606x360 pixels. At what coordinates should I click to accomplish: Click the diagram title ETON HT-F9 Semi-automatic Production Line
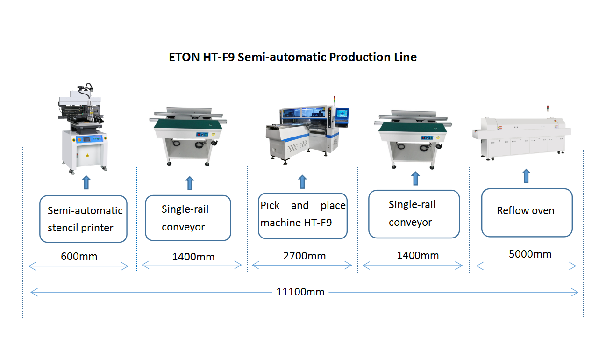[x=292, y=57]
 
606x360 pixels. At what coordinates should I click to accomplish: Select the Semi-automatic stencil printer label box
[x=83, y=219]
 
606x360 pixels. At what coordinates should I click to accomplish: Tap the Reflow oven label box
[x=527, y=213]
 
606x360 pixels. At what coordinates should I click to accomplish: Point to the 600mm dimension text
[x=79, y=256]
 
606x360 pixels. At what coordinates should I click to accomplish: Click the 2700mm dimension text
[x=304, y=256]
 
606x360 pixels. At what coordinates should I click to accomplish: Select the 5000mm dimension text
[x=530, y=254]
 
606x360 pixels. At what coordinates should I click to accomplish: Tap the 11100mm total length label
[x=300, y=292]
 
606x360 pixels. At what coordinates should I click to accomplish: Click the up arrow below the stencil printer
[x=86, y=182]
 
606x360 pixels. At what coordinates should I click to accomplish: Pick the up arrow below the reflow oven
[x=526, y=176]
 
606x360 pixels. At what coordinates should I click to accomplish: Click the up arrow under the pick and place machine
[x=302, y=181]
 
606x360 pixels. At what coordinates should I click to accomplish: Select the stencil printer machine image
[x=83, y=128]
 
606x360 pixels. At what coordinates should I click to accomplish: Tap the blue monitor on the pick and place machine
[x=342, y=115]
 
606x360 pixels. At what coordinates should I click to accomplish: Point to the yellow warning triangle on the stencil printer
[x=87, y=155]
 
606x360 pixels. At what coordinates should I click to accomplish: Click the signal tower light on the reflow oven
[x=548, y=108]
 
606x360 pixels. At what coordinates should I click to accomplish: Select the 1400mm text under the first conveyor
[x=193, y=257]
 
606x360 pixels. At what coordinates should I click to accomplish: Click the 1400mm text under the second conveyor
[x=418, y=255]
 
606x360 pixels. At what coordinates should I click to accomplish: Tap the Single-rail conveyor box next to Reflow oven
[x=414, y=214]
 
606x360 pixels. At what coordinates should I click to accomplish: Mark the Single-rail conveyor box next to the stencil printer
[x=188, y=218]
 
